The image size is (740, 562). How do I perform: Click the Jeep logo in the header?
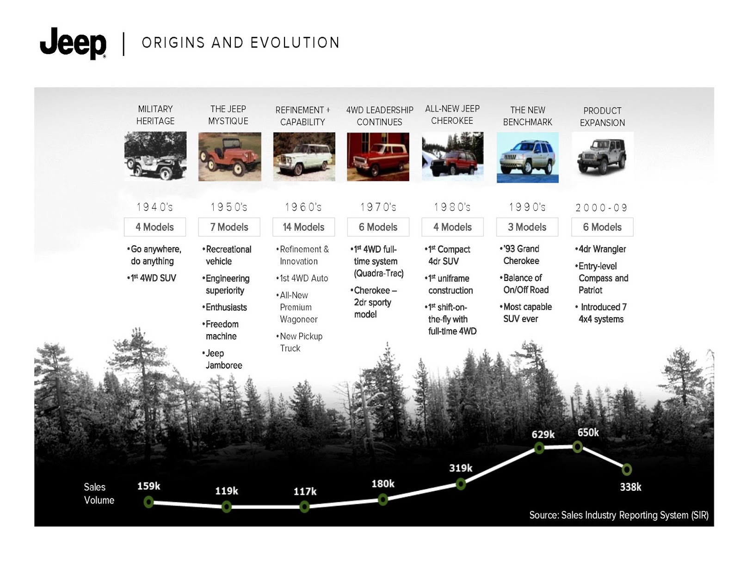[x=73, y=43]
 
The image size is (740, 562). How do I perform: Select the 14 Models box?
[x=303, y=227]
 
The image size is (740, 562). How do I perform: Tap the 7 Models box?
[x=229, y=227]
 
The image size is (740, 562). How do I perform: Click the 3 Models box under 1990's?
[x=527, y=227]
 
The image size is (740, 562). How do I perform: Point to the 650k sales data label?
[x=588, y=432]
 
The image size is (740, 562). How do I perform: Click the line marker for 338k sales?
[x=626, y=470]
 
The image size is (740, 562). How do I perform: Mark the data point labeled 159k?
[x=148, y=502]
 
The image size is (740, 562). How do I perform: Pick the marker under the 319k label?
[x=461, y=484]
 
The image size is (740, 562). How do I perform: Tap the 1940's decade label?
[x=155, y=207]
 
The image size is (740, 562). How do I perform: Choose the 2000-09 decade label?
[x=602, y=208]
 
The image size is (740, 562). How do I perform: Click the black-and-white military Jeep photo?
[x=155, y=156]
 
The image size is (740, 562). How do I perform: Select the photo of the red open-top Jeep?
[x=229, y=157]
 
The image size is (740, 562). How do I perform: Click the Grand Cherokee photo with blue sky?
[x=527, y=158]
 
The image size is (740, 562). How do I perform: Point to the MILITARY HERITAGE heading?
[x=155, y=115]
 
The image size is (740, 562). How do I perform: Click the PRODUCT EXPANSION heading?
[x=602, y=116]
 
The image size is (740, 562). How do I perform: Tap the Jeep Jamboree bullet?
[x=222, y=359]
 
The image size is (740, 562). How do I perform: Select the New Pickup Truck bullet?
[x=299, y=342]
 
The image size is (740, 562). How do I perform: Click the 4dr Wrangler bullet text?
[x=600, y=249]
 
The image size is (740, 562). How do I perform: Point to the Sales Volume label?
[x=99, y=493]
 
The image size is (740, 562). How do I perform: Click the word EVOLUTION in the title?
[x=295, y=43]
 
